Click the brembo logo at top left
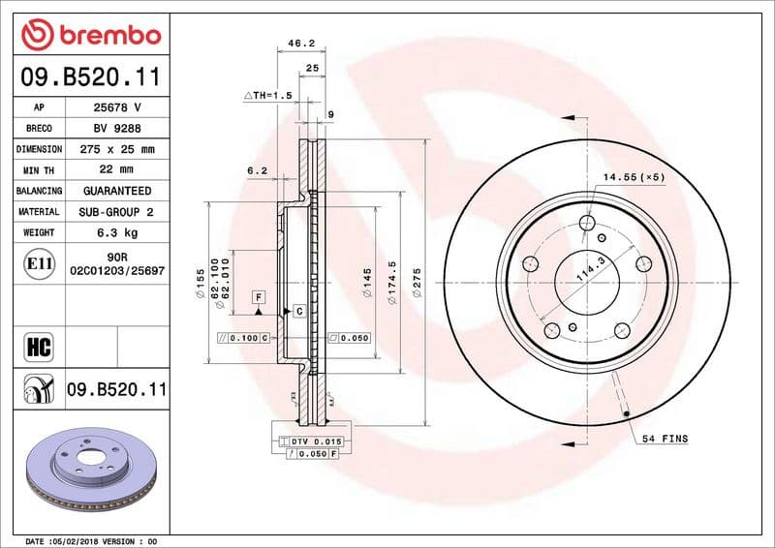pos(90,35)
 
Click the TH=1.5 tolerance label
pos(267,96)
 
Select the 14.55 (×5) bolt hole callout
pos(634,177)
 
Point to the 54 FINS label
pos(664,440)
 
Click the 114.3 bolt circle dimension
pos(588,270)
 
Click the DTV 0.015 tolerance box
pos(317,441)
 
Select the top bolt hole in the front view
pos(586,225)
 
